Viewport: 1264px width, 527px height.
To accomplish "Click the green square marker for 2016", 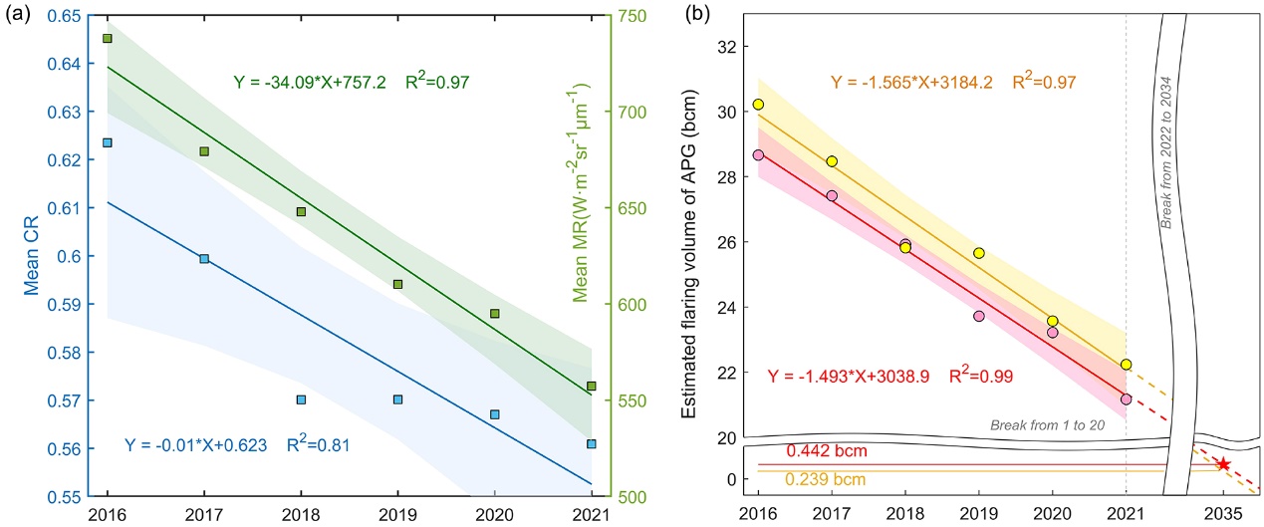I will pos(108,38).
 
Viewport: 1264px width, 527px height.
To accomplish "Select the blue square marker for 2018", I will pos(301,399).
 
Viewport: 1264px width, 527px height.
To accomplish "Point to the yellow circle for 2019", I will pos(979,253).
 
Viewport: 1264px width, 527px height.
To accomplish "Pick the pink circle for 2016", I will pos(758,154).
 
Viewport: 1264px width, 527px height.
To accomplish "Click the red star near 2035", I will pos(1223,464).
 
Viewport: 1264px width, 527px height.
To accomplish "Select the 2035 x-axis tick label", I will pos(1223,513).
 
